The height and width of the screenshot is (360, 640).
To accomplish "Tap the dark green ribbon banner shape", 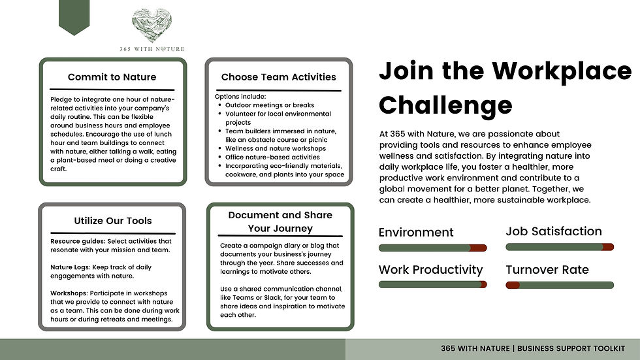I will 74,16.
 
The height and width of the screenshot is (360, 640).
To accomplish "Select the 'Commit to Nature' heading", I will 112,77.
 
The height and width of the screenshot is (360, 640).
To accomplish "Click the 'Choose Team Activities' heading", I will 278,77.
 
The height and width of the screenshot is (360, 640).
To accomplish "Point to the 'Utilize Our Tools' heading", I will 112,221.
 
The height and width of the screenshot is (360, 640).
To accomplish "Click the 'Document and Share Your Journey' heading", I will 280,221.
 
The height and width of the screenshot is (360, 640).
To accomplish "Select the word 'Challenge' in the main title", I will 445,105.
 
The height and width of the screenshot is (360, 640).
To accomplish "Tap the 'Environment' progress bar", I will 432,248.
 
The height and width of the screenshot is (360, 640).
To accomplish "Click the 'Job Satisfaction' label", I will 554,231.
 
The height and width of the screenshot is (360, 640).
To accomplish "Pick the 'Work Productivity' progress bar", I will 432,285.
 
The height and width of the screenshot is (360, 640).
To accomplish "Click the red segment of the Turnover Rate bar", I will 513,285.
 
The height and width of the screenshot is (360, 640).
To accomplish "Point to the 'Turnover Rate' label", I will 547,270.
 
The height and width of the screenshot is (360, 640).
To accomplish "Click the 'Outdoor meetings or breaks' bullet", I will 270,105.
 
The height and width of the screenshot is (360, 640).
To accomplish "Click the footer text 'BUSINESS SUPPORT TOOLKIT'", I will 571,349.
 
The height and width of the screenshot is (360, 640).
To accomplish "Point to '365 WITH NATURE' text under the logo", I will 152,49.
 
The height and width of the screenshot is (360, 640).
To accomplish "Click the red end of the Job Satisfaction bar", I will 607,247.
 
